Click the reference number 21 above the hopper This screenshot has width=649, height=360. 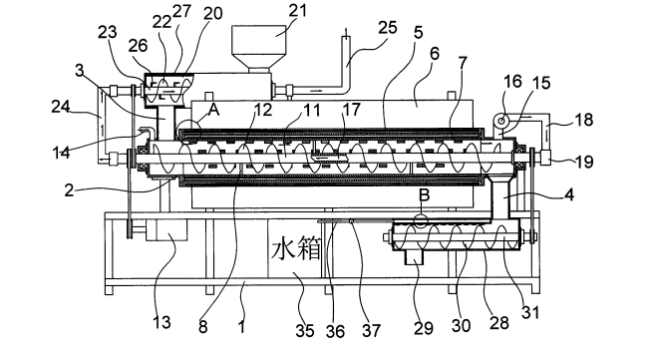point(298,11)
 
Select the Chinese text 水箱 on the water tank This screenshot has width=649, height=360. point(296,249)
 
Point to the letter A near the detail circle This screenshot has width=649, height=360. point(213,110)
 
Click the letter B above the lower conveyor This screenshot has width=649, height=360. point(425,194)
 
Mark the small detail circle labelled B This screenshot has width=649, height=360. point(421,221)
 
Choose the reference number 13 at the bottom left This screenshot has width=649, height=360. point(162,322)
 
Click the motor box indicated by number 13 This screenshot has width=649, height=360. point(165,230)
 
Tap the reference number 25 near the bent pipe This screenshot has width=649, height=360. point(388,28)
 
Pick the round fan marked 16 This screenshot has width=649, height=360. point(501,121)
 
